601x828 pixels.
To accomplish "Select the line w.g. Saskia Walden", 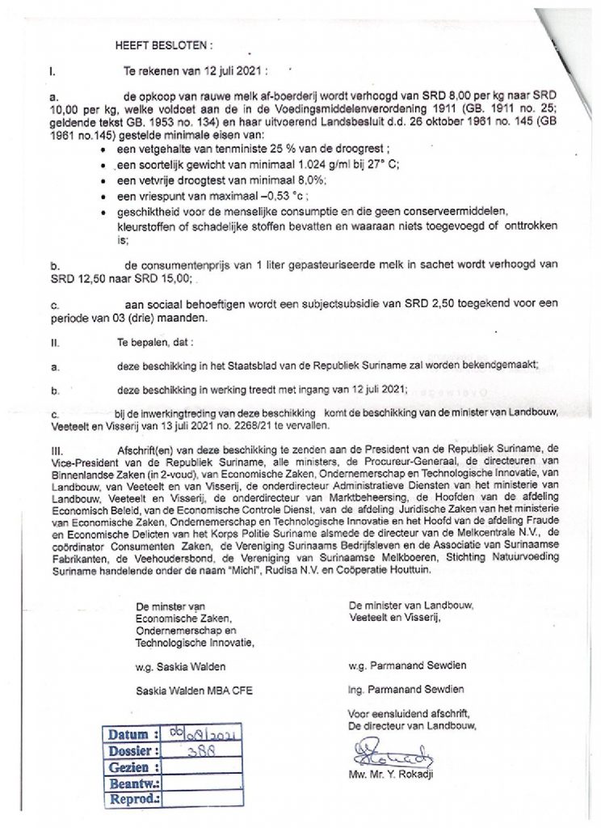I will point(180,666).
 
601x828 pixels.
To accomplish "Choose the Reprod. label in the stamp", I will point(133,799).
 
